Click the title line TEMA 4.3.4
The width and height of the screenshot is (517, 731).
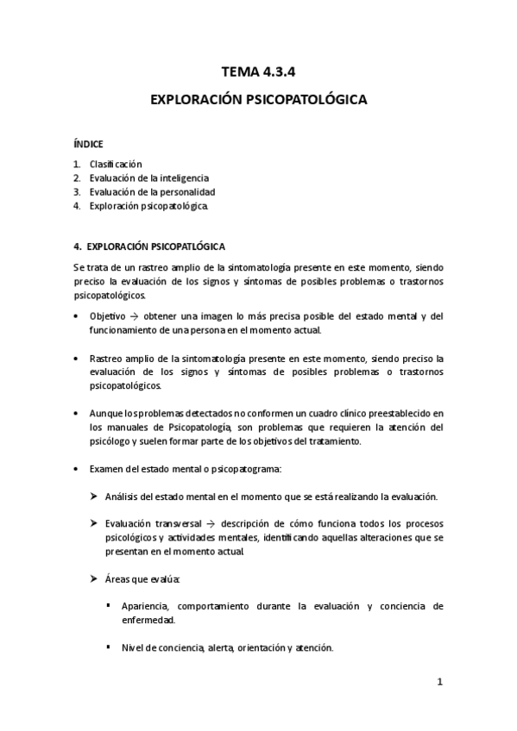click(x=258, y=72)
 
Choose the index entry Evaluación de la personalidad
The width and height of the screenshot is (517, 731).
click(x=152, y=191)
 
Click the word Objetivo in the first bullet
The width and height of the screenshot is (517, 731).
click(x=107, y=316)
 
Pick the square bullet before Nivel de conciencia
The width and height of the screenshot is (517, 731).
click(x=109, y=647)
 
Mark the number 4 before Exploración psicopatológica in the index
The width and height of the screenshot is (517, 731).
click(x=77, y=206)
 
